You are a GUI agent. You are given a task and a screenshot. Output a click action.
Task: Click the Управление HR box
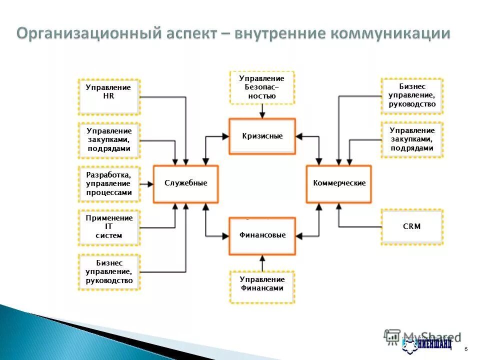pyautogui.click(x=108, y=96)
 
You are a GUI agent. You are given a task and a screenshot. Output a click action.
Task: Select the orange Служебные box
pyautogui.click(x=185, y=183)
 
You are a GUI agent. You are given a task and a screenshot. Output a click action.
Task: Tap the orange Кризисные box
pyautogui.click(x=262, y=136)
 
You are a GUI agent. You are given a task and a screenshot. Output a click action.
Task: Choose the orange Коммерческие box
pyautogui.click(x=339, y=183)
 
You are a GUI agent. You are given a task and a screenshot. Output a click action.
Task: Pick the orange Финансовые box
pyautogui.click(x=262, y=235)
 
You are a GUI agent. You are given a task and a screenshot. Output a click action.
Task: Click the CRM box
pyautogui.click(x=411, y=226)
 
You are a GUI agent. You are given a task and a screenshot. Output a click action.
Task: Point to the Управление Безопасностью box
pyautogui.click(x=262, y=87)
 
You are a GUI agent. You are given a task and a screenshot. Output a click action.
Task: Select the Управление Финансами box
pyautogui.click(x=262, y=286)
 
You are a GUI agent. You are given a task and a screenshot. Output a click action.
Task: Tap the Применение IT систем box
pyautogui.click(x=109, y=227)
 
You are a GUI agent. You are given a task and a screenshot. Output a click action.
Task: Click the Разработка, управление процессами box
pyautogui.click(x=109, y=183)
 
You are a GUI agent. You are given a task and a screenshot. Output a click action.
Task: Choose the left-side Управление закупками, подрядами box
pyautogui.click(x=109, y=140)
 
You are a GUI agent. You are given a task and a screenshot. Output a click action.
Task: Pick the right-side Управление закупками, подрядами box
pyautogui.click(x=411, y=139)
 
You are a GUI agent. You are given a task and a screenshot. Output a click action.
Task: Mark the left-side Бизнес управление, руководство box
pyautogui.click(x=109, y=272)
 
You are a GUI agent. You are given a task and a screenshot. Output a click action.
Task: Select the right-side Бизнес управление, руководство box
pyautogui.click(x=411, y=95)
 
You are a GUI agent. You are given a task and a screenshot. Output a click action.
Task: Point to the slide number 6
pyautogui.click(x=466, y=348)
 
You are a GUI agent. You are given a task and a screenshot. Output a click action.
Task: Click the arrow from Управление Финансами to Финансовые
pyautogui.click(x=262, y=262)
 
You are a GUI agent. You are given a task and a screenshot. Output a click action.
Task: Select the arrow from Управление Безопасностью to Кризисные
pyautogui.click(x=262, y=111)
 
